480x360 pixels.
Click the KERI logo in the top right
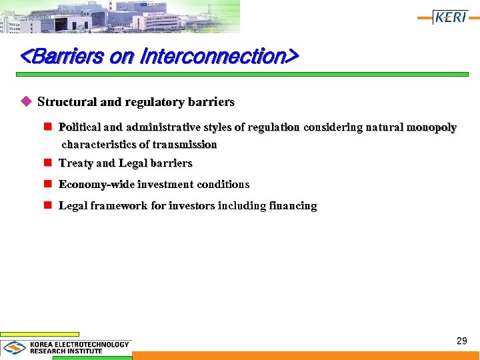click(x=451, y=17)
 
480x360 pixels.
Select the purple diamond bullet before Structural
click(x=27, y=102)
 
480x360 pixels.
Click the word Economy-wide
click(x=97, y=184)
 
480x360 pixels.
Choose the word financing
click(x=293, y=205)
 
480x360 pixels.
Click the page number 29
click(x=461, y=341)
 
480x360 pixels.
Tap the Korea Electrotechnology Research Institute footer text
click(x=79, y=347)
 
